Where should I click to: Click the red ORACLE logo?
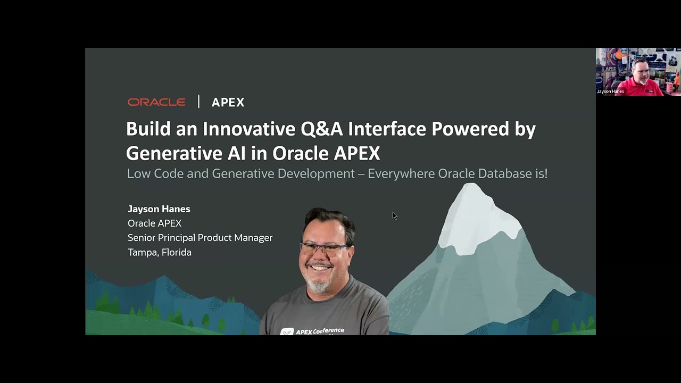tap(156, 102)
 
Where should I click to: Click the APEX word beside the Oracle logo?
tap(228, 103)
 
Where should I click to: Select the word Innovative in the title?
tap(248, 129)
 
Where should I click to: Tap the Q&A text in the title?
tap(322, 129)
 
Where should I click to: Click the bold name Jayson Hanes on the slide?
tap(159, 209)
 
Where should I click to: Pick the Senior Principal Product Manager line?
tap(200, 238)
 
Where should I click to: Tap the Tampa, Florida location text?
tap(160, 252)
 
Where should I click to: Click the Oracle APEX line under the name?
tap(154, 223)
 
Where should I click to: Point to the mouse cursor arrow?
tap(394, 215)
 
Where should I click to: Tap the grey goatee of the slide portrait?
tap(320, 285)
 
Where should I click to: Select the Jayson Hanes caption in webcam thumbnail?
tap(610, 91)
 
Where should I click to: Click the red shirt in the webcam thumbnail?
tap(646, 87)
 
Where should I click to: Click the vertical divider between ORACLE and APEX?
tap(198, 102)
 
